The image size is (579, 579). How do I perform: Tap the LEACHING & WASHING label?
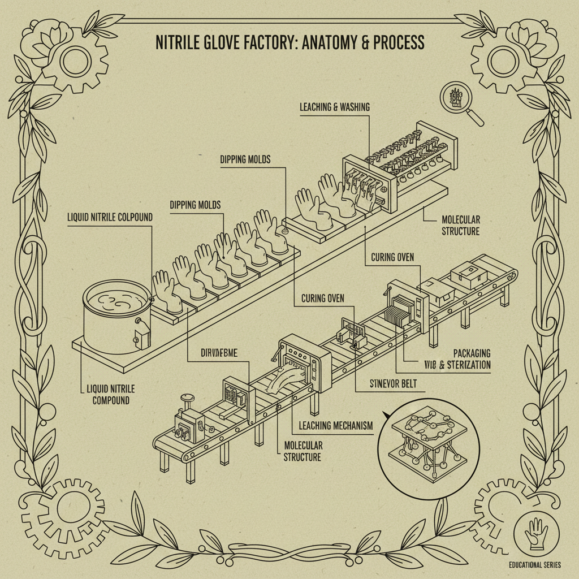pyautogui.click(x=334, y=107)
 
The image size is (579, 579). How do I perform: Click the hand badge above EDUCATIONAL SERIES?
pyautogui.click(x=535, y=534)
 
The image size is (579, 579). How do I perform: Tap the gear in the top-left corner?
pyautogui.click(x=74, y=58)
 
